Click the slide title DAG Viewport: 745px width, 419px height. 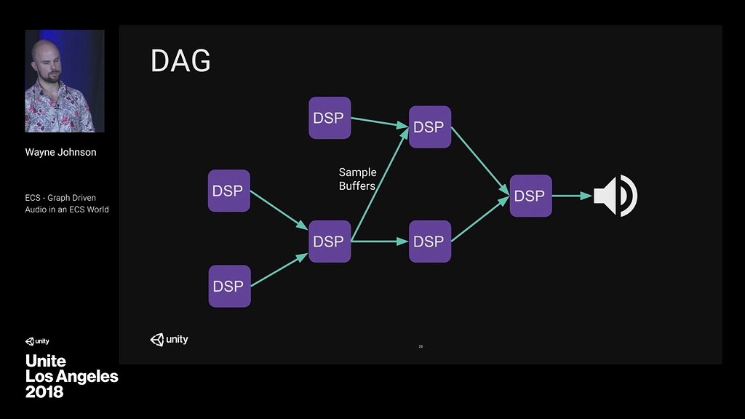pos(180,61)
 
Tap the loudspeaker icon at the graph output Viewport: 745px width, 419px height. pos(615,196)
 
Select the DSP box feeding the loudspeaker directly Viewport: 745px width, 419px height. pos(530,196)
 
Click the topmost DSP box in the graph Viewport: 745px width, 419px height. pos(330,118)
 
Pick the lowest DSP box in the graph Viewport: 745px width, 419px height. pos(229,286)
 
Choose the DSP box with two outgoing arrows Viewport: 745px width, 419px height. pos(330,242)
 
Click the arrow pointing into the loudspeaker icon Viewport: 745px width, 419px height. pos(572,196)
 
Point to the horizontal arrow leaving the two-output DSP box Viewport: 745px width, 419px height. pos(379,241)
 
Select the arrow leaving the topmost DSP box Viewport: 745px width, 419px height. pos(379,122)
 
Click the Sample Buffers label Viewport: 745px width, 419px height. pos(357,179)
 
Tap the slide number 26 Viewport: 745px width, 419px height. pos(421,346)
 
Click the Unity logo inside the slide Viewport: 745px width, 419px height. pos(169,339)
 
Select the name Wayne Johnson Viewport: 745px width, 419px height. pos(60,152)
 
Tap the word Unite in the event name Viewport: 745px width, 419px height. pos(46,361)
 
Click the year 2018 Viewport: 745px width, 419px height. pos(44,392)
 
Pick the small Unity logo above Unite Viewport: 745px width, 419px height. pos(37,341)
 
